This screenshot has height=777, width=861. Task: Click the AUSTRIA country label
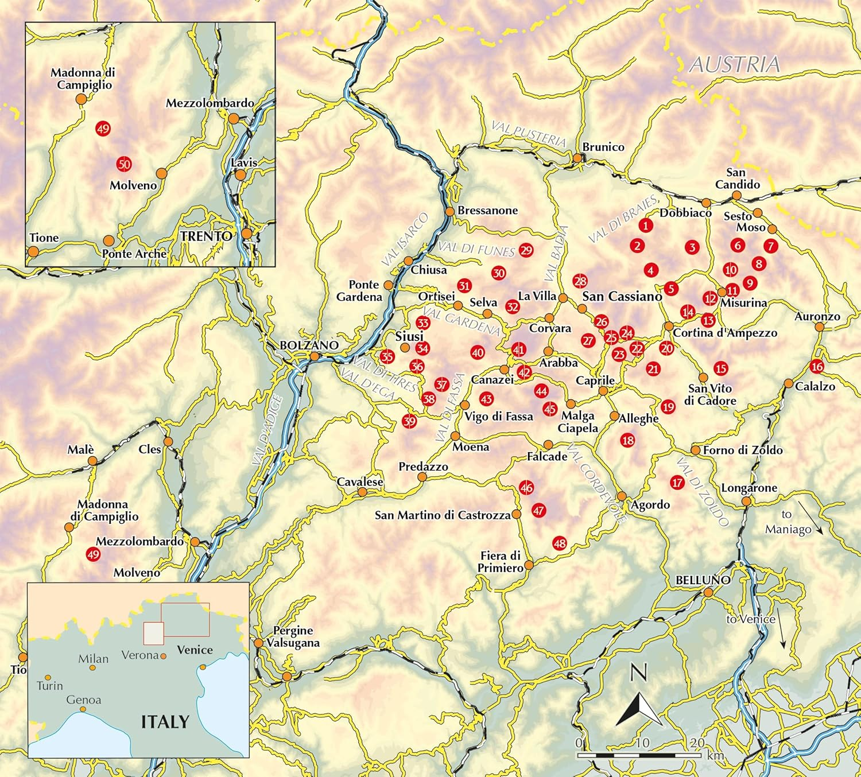click(734, 64)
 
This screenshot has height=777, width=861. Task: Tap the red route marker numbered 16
click(816, 366)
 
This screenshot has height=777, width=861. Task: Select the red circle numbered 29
click(526, 250)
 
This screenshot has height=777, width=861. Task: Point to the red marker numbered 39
click(409, 421)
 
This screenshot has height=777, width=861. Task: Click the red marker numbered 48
click(560, 543)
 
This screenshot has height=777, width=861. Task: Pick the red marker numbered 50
click(124, 164)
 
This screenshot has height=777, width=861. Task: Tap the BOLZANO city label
click(309, 345)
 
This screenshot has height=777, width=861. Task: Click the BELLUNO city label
click(703, 580)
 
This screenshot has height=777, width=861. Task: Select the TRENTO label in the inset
click(206, 236)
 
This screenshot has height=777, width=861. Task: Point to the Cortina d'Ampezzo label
click(725, 333)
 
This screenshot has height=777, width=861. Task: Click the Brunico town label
click(603, 147)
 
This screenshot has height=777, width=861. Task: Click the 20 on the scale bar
click(697, 743)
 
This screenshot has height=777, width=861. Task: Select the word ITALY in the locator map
click(165, 721)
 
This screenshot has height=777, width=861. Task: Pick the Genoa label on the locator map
click(84, 700)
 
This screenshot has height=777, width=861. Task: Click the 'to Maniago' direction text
click(788, 522)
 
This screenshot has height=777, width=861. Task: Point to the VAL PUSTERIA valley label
click(529, 134)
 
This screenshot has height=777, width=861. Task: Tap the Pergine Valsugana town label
click(293, 636)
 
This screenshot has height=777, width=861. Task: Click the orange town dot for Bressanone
click(450, 212)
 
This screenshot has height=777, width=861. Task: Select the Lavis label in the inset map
click(244, 163)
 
